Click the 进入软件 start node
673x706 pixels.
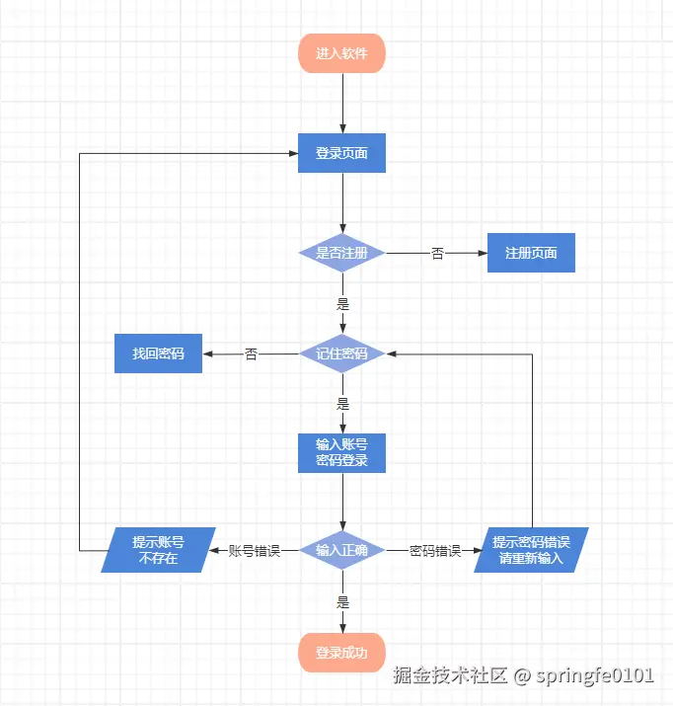click(341, 53)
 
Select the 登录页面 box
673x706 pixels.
click(341, 153)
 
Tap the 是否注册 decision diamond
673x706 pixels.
click(341, 254)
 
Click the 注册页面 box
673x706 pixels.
click(531, 253)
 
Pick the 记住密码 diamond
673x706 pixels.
click(341, 353)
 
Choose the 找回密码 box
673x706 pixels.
click(158, 353)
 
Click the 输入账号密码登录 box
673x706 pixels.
click(341, 452)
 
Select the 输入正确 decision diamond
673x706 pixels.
click(341, 550)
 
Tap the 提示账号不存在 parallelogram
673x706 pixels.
click(158, 550)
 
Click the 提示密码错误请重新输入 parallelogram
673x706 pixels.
click(531, 550)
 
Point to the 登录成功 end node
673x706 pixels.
click(341, 653)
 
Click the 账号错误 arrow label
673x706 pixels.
click(255, 551)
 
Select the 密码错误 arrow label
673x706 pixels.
click(435, 551)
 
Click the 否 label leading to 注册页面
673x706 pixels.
click(437, 254)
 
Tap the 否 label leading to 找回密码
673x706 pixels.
click(251, 353)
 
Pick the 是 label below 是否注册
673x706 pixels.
click(342, 304)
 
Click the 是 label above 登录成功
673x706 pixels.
click(342, 601)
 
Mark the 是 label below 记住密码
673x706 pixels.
click(342, 403)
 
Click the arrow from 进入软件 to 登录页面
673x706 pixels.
click(342, 104)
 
